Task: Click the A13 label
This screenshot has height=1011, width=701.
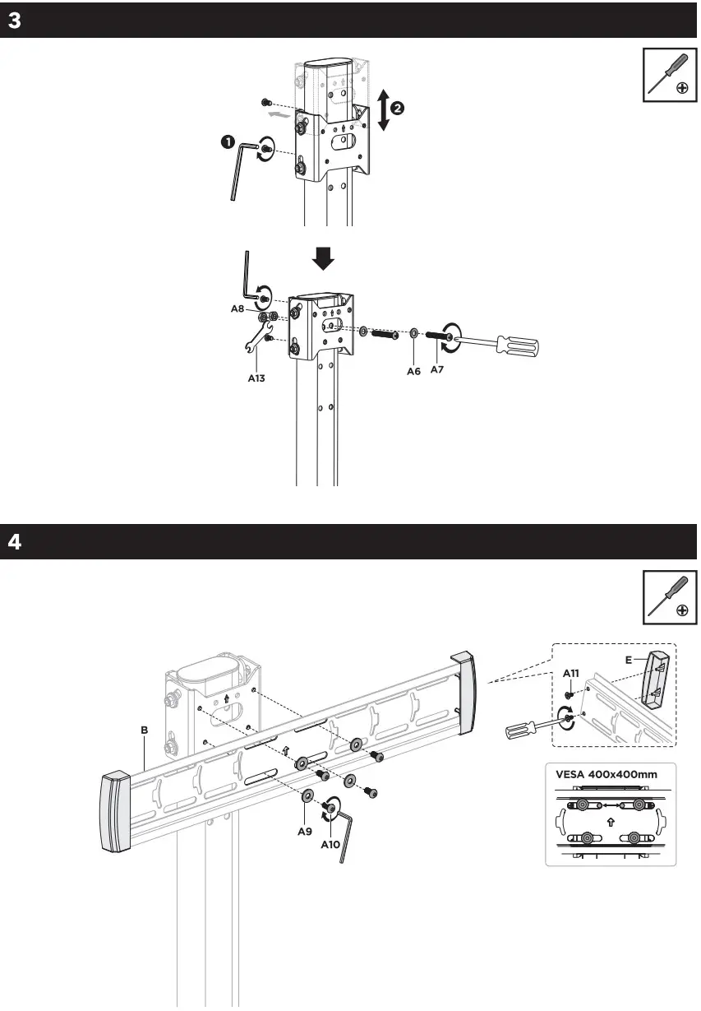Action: (257, 379)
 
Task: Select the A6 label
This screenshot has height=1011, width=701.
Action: (413, 371)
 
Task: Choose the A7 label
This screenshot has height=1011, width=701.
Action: (436, 371)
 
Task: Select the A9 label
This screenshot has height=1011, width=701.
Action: (305, 831)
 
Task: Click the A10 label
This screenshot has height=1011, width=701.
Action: (330, 844)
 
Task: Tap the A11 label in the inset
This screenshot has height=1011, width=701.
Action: (571, 672)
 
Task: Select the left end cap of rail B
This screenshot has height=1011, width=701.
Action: (114, 811)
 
